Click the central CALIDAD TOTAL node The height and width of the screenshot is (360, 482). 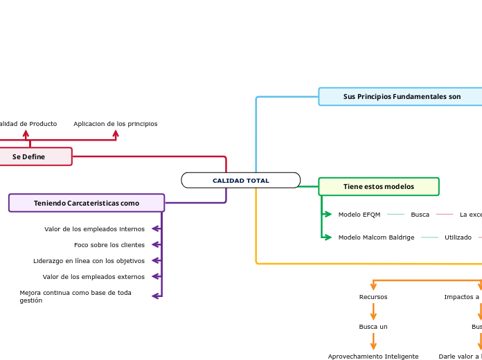tap(240, 181)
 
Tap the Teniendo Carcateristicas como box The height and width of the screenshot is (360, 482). tap(87, 203)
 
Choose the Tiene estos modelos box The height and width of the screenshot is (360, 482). tap(379, 186)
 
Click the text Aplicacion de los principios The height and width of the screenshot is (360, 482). tap(115, 124)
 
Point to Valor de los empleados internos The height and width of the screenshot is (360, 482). tap(94, 229)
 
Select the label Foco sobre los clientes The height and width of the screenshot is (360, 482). tap(109, 245)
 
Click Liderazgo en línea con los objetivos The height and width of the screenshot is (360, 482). tap(89, 261)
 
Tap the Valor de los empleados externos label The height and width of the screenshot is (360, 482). tap(93, 277)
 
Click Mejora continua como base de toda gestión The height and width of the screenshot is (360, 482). tap(75, 296)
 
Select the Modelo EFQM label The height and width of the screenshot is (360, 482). tap(359, 215)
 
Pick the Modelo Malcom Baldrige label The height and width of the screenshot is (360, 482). tap(376, 237)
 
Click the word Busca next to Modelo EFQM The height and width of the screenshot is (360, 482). tap(420, 215)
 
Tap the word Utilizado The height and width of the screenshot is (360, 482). tap(458, 237)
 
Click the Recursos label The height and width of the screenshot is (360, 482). tap(373, 297)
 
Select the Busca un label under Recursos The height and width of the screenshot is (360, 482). tap(373, 326)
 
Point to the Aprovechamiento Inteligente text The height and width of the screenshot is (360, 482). tap(373, 357)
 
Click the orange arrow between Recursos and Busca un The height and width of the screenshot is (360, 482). tap(373, 312)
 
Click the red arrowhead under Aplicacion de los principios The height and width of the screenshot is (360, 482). tap(116, 134)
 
